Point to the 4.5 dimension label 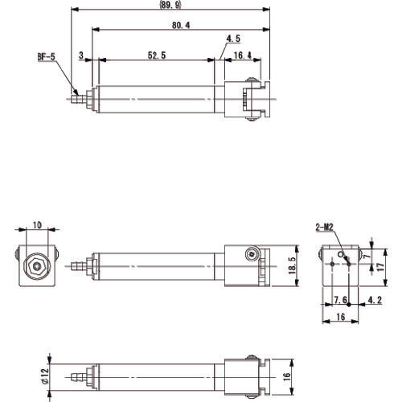[x=234, y=38]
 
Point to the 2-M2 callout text [x=325, y=228]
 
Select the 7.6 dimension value [x=340, y=301]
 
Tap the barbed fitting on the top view [x=77, y=100]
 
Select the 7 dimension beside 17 [x=367, y=256]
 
